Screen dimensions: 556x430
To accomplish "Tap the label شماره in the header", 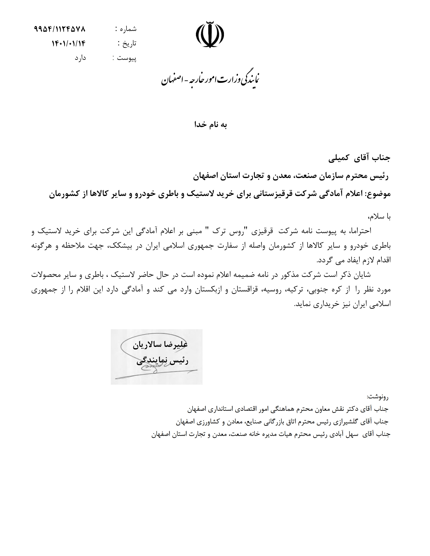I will click(128, 29).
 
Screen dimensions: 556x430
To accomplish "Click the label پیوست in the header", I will click(127, 58).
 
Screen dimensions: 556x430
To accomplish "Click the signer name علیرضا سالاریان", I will click(160, 345).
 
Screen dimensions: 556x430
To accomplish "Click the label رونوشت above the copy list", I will click(378, 397).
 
